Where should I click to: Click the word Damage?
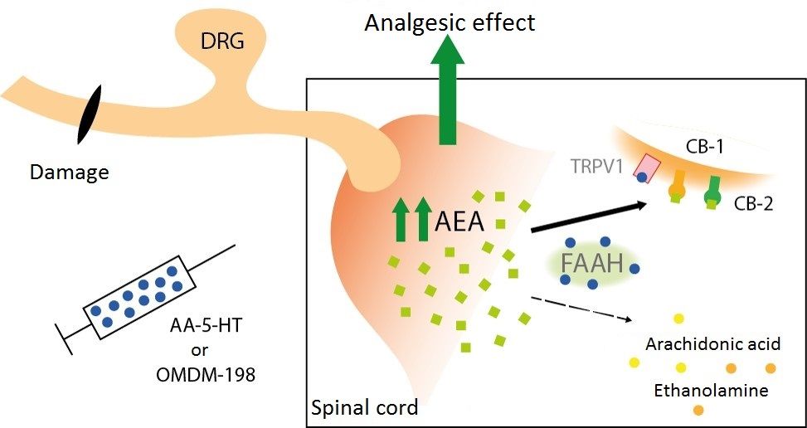[x=69, y=173]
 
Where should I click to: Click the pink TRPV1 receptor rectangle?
[x=646, y=168]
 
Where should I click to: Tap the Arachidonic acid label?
[x=712, y=343]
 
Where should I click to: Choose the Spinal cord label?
[x=363, y=407]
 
